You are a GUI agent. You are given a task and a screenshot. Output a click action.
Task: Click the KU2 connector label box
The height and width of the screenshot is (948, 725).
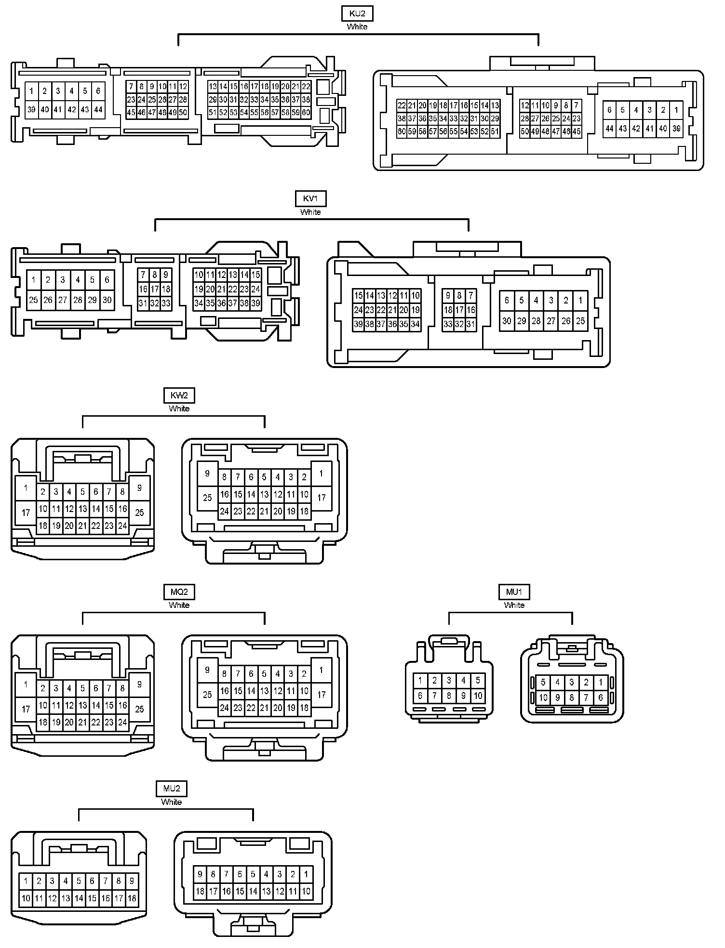357,13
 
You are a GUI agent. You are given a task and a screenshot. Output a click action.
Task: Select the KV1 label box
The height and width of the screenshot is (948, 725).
310,198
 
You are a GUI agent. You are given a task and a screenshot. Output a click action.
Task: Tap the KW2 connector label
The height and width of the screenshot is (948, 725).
179,395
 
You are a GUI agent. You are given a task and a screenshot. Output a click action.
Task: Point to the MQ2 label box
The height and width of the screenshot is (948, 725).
179,592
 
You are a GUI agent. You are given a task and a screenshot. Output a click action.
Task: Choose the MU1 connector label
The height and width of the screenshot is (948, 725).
514,592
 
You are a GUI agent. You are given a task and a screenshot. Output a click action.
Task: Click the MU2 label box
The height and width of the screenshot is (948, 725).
172,789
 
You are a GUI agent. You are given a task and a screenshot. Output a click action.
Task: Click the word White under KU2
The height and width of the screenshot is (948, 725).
357,27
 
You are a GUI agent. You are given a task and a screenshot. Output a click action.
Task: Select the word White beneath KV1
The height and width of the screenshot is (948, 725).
310,212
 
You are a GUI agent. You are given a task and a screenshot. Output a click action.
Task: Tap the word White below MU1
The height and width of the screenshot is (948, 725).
514,606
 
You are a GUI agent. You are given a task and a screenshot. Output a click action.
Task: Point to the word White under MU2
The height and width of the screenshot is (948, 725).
172,803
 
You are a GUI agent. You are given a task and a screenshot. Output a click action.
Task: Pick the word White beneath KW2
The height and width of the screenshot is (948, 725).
179,409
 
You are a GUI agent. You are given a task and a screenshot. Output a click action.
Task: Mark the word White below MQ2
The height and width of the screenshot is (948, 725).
179,606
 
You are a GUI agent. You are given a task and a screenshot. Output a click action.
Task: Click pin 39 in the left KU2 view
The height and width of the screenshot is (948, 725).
31,109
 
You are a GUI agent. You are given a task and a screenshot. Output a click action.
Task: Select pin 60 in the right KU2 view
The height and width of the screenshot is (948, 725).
402,131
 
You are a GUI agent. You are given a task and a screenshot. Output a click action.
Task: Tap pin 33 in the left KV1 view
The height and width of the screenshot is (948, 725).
166,303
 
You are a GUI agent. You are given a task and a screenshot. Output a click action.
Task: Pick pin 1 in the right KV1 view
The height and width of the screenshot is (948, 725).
580,300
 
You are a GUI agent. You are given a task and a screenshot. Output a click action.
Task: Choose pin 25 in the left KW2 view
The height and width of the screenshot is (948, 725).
139,513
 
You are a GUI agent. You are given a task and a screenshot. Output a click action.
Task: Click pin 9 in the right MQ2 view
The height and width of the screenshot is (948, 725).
207,670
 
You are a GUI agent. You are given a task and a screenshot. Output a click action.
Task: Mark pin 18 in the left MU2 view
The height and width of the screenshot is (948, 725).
132,898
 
